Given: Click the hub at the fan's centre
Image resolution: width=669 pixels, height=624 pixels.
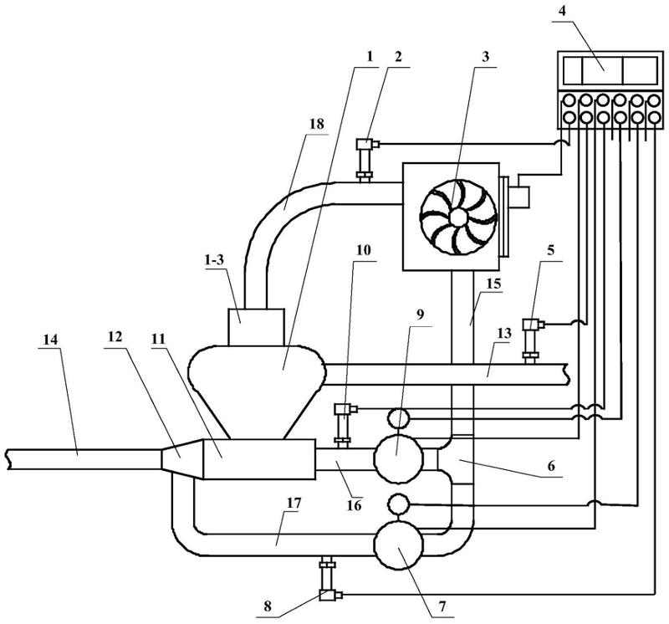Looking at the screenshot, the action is [x=458, y=217].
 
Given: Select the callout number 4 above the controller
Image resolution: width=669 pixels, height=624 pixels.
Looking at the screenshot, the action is [x=563, y=11].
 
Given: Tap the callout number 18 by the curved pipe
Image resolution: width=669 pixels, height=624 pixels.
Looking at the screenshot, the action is [x=318, y=124].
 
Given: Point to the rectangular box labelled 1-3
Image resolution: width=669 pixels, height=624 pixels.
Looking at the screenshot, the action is [x=256, y=327].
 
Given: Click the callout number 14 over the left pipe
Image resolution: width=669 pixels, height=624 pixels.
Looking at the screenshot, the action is [x=49, y=340].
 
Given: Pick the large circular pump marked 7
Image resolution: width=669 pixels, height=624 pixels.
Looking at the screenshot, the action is [x=399, y=545].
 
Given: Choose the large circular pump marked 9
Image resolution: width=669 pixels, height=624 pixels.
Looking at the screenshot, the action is [x=399, y=458].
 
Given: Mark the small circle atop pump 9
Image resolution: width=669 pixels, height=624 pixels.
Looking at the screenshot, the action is [x=399, y=418].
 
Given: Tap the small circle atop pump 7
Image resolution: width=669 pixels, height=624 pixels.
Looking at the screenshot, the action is [x=399, y=504].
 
